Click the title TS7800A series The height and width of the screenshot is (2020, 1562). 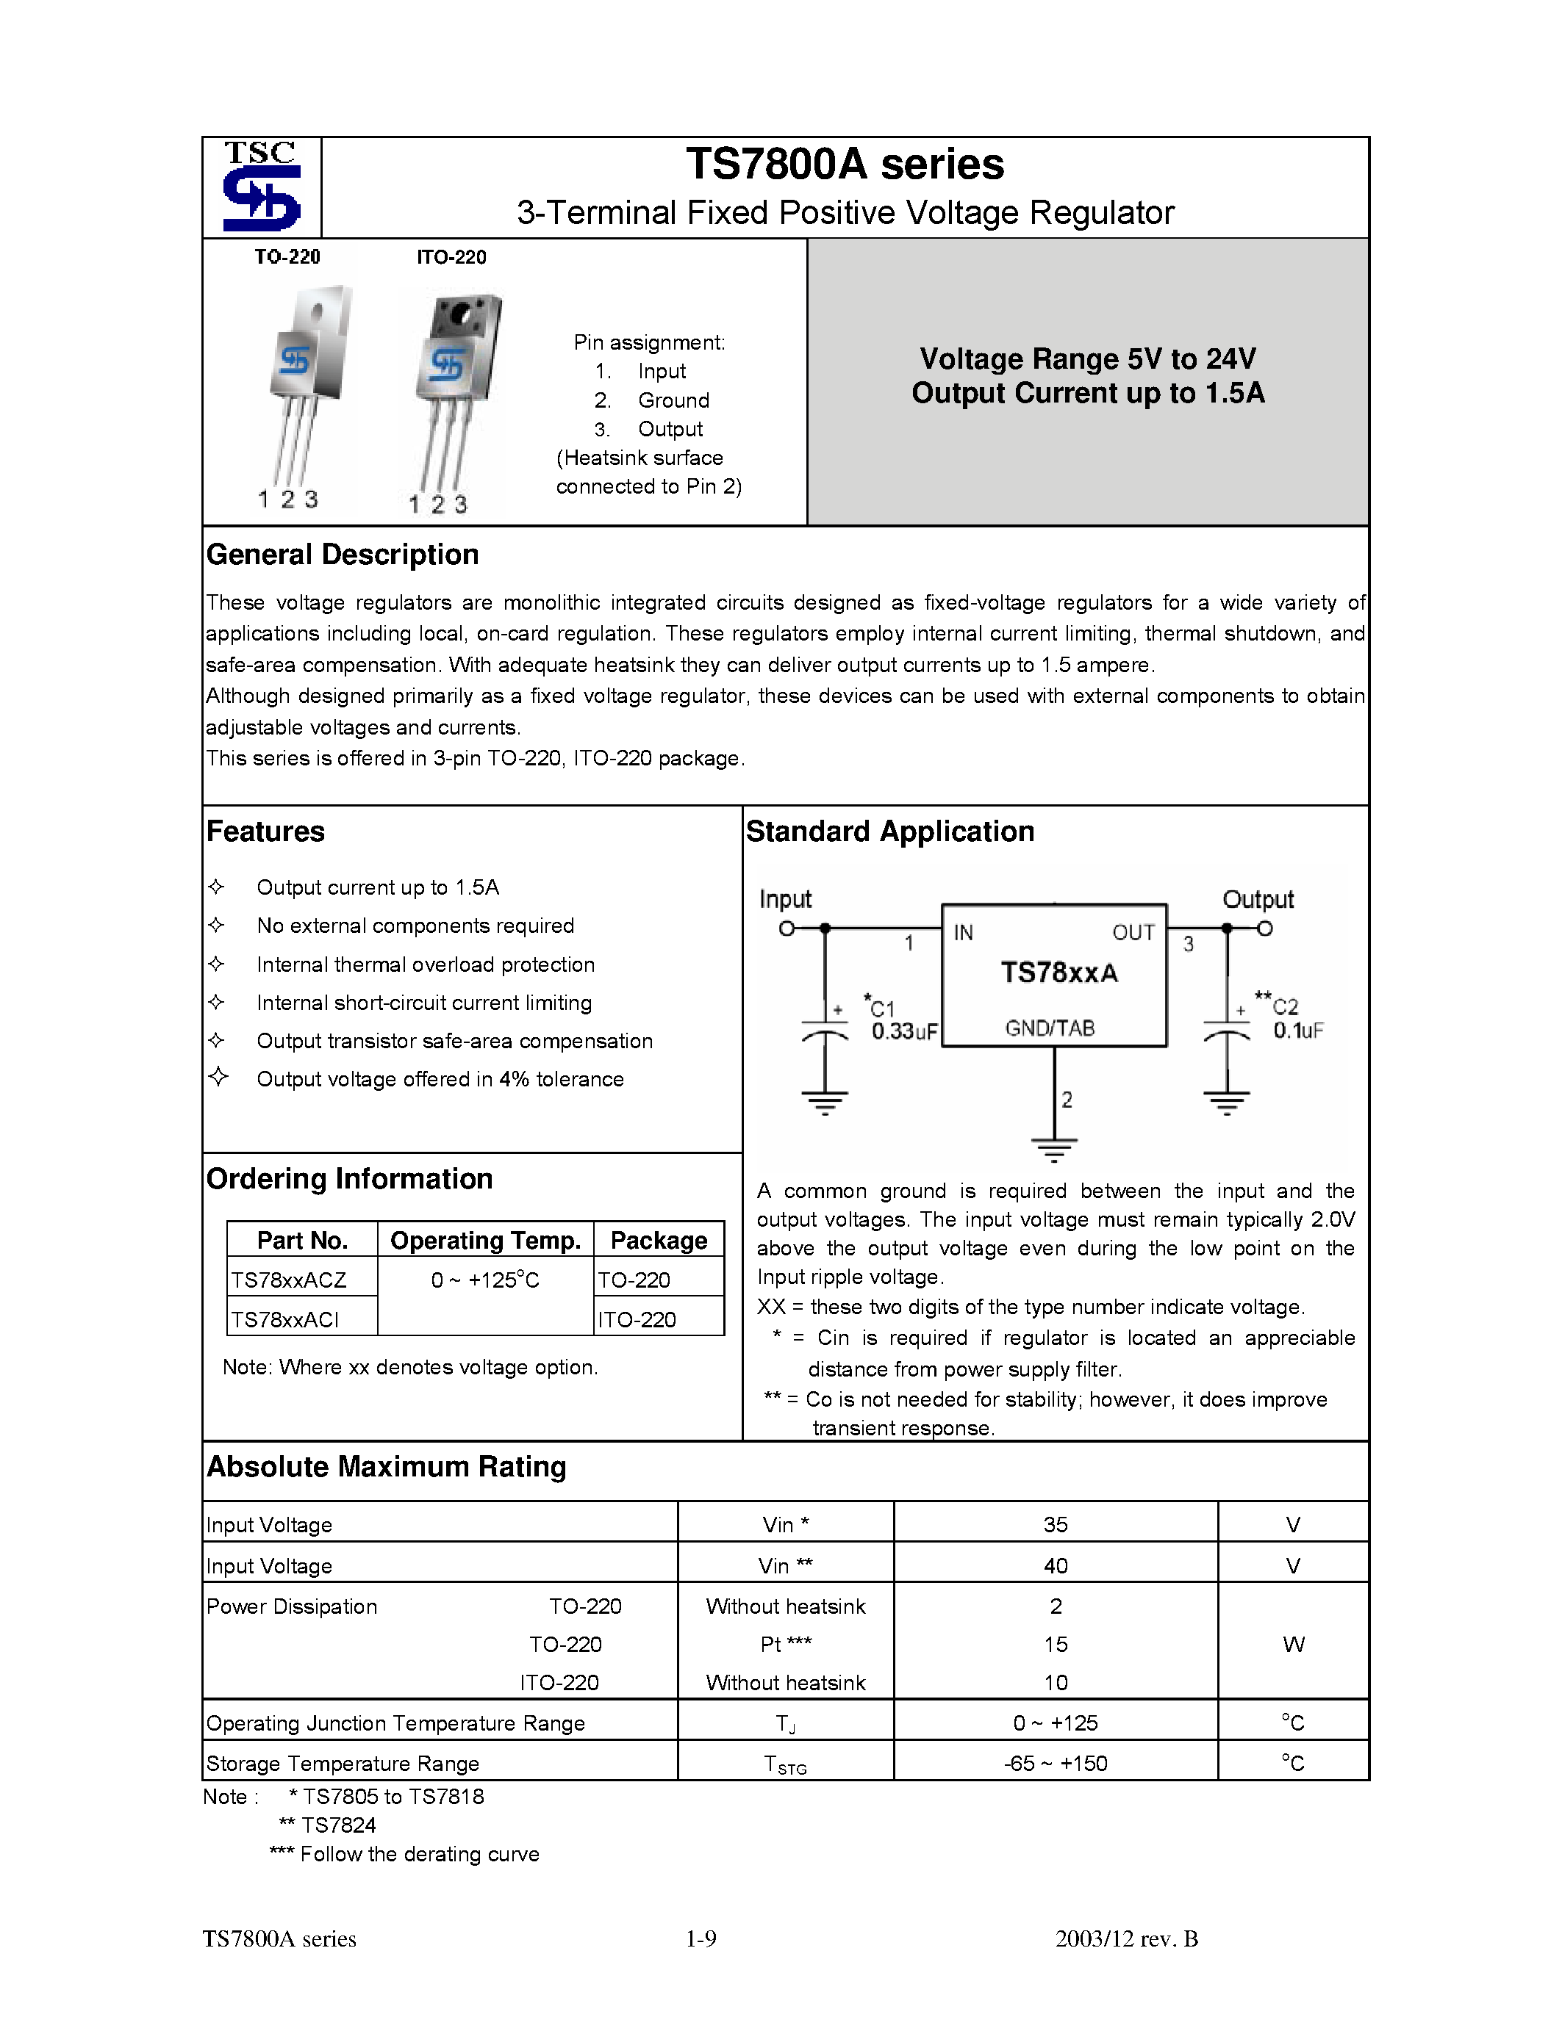(x=844, y=165)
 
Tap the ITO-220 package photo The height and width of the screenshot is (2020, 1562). (x=454, y=389)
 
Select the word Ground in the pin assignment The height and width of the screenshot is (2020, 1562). (x=673, y=400)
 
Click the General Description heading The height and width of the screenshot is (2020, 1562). (x=343, y=555)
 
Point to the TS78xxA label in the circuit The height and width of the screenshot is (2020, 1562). (x=1058, y=973)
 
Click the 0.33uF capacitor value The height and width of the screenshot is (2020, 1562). (x=904, y=1031)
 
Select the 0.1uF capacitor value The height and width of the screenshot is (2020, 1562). (x=1297, y=1031)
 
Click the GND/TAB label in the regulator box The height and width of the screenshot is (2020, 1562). (x=1050, y=1028)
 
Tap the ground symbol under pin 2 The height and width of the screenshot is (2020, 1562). (x=1053, y=1150)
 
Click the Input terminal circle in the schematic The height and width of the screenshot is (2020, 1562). (x=787, y=928)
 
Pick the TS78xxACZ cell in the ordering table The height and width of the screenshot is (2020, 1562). (x=289, y=1280)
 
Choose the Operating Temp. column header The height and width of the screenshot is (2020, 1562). (x=485, y=1241)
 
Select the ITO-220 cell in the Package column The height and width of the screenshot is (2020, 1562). (x=637, y=1320)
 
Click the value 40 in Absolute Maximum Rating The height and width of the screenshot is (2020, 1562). (x=1055, y=1566)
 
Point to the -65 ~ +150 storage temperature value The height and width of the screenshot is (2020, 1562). (x=1055, y=1764)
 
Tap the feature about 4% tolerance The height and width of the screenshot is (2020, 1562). (x=440, y=1079)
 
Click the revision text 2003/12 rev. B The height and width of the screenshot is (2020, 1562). (x=1126, y=1938)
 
